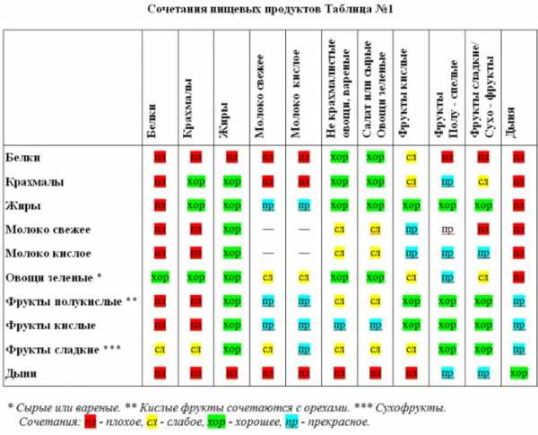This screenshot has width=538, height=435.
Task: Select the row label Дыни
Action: [x=22, y=371]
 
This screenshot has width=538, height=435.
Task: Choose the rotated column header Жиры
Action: [x=222, y=126]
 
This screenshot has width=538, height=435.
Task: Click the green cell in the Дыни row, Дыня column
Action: [x=517, y=371]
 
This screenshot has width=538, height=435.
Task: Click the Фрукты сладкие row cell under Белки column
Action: [x=160, y=347]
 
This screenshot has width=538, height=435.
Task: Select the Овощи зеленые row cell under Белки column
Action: [x=160, y=276]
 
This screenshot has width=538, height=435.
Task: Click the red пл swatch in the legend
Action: [x=90, y=421]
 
